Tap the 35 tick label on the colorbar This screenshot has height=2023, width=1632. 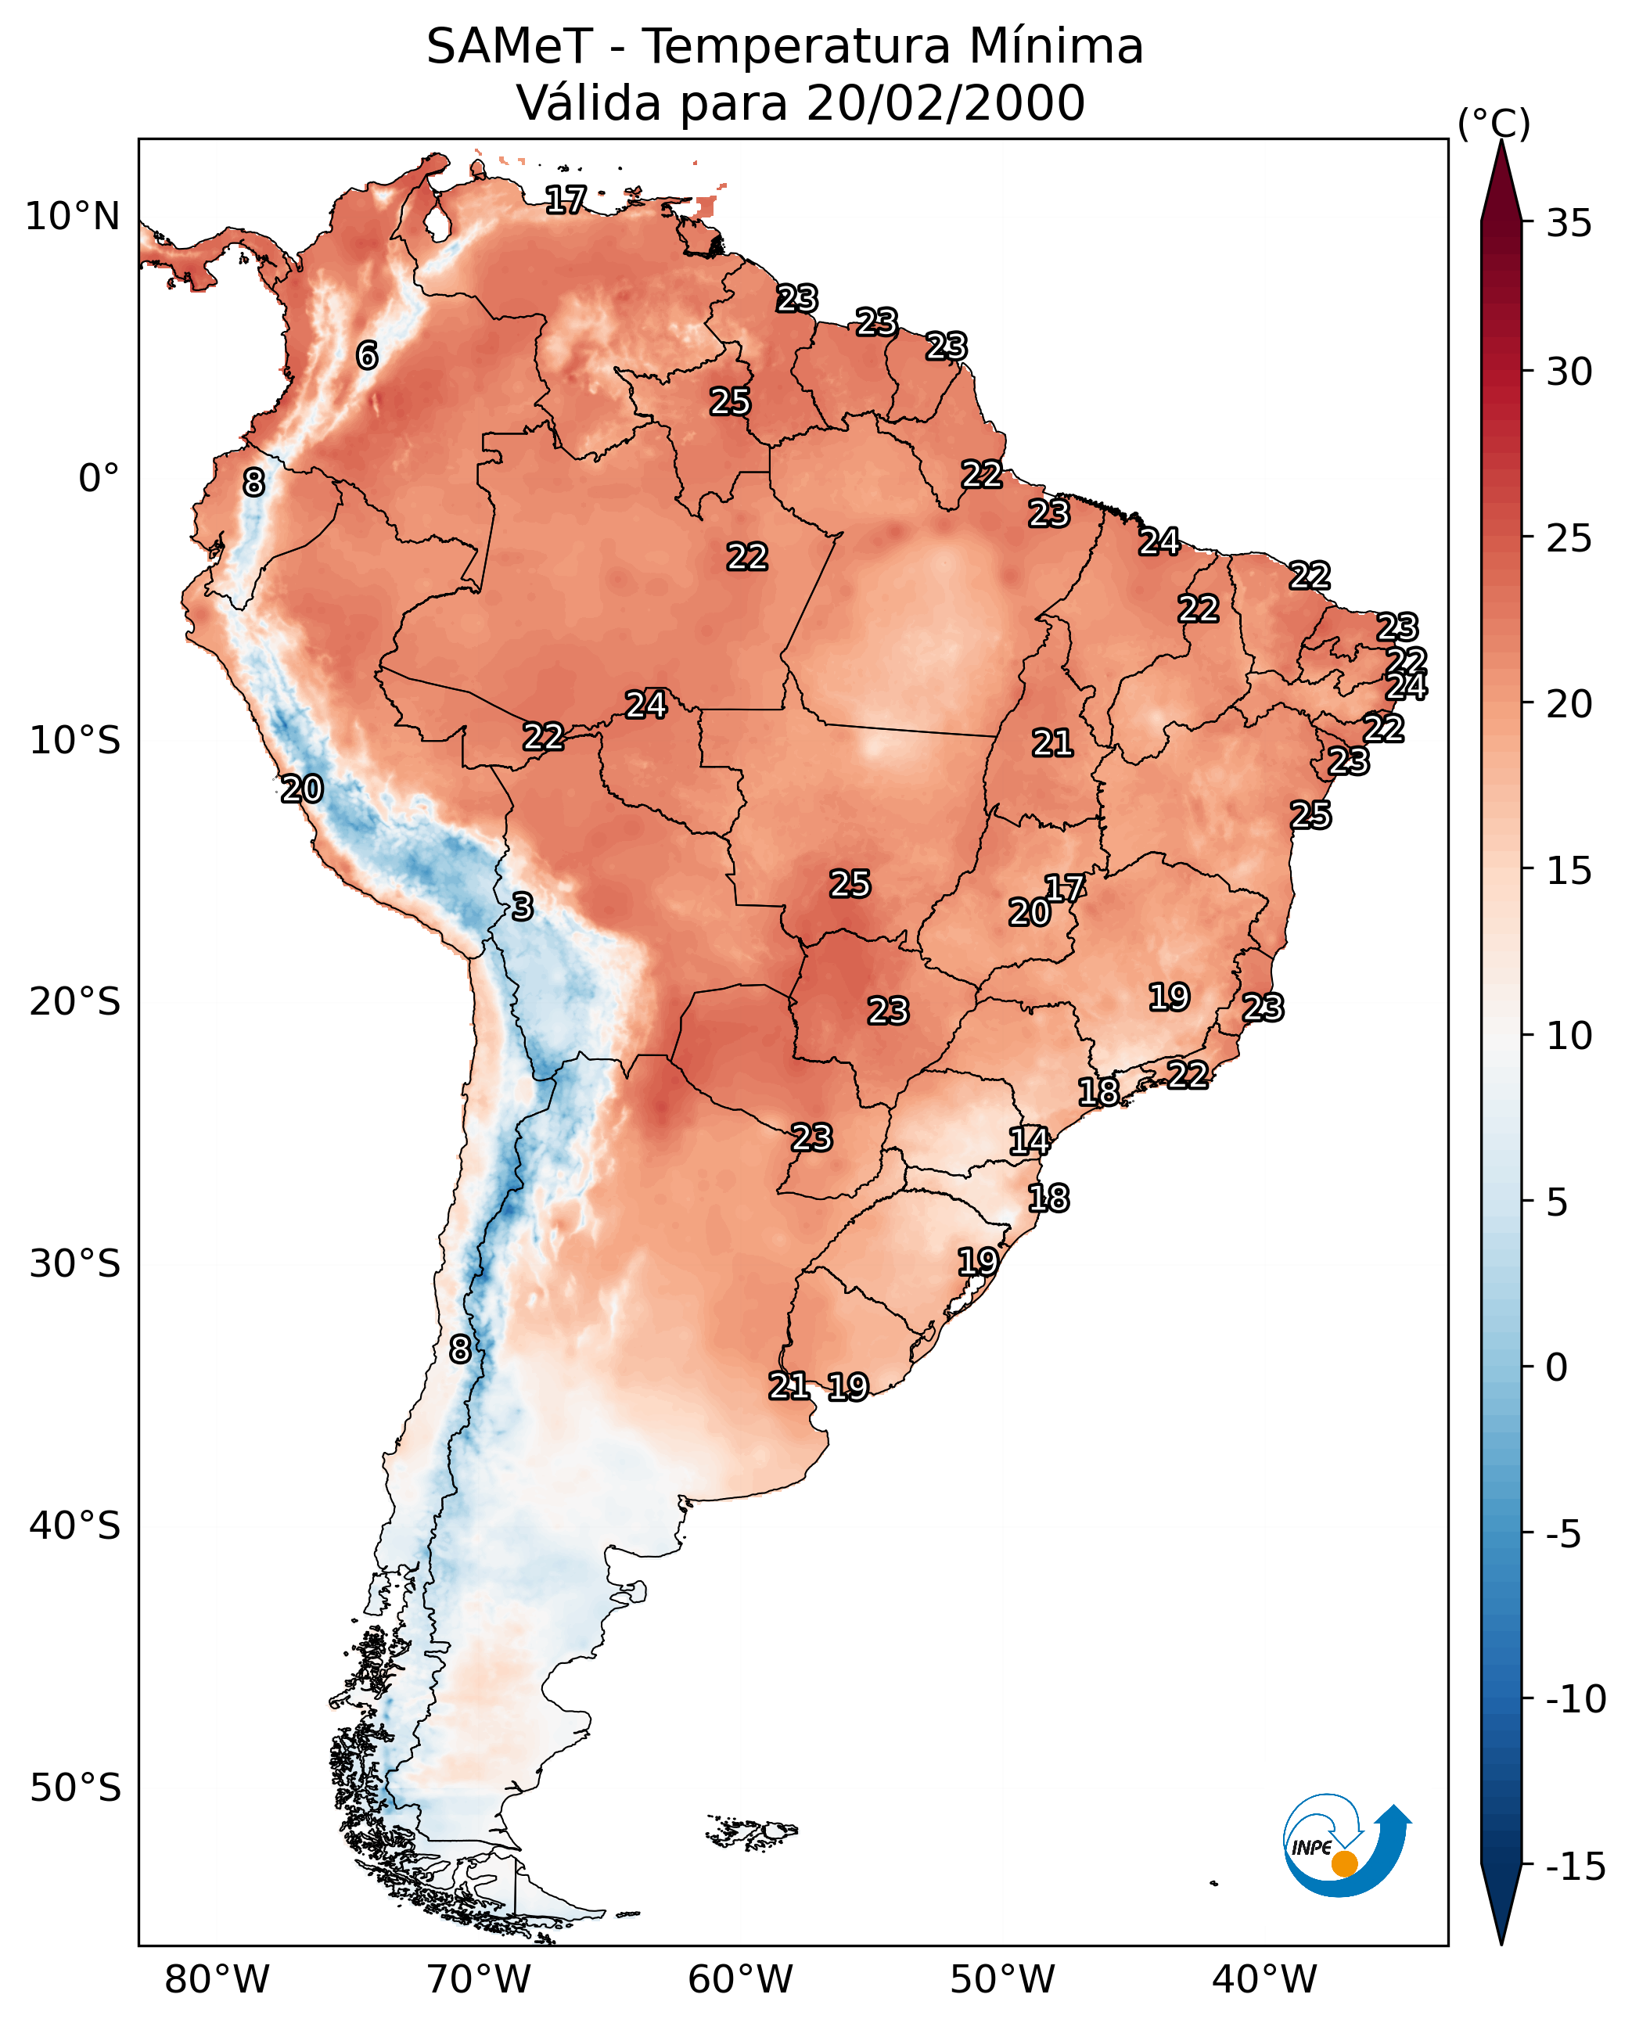(1569, 224)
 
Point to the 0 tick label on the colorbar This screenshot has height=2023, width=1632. (1557, 1367)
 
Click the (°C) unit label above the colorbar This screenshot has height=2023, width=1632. (1494, 123)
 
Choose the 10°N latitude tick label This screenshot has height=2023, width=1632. (73, 217)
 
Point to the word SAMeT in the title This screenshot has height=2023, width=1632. (509, 46)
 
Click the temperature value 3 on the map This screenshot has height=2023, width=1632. (523, 906)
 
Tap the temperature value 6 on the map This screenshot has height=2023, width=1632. (367, 355)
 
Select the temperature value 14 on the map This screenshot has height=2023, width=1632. (1030, 1141)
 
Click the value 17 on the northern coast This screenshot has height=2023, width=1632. (566, 199)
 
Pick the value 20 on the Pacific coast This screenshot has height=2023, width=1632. (302, 789)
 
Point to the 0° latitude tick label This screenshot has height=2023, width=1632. (99, 479)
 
